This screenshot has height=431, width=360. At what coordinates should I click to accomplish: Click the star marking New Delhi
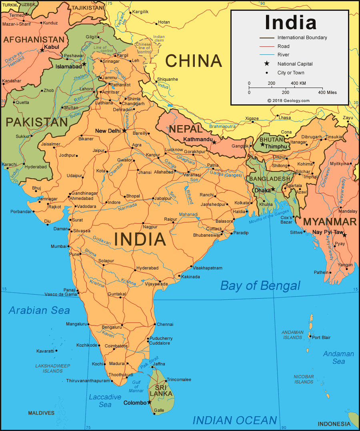pos(124,131)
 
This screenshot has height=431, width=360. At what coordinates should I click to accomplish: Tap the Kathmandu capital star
pos(214,142)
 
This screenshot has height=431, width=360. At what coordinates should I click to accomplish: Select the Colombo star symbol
pos(150,402)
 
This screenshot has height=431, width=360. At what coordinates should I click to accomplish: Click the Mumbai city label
pos(58,246)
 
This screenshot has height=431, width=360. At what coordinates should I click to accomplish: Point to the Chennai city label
pos(165,324)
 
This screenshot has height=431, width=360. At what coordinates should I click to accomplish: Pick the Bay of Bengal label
pos(260,285)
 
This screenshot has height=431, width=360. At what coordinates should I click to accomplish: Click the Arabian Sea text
pos(39,310)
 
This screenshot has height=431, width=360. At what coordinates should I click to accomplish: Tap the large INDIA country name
pos(140,239)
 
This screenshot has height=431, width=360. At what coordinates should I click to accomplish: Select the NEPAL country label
pos(185,129)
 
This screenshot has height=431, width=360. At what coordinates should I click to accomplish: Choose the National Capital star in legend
pos(267,64)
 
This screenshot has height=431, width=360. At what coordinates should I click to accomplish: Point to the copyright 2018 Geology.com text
pos(288,101)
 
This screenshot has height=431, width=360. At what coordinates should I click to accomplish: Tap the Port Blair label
pos(321,337)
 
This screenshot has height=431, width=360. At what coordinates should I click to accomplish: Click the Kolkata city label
pos(242,203)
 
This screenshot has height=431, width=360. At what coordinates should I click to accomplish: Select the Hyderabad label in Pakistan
pos(36,167)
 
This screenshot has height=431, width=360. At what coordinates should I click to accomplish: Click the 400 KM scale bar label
pos(298,83)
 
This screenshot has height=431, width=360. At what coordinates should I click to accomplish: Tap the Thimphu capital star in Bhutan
pos(263,144)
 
